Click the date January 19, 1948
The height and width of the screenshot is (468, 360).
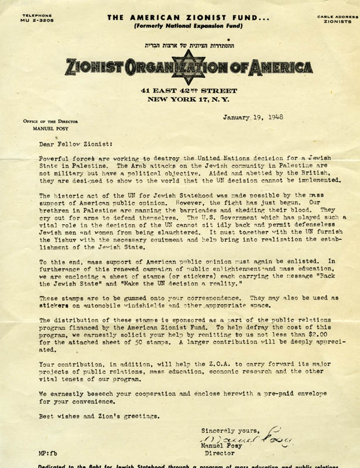click(252, 117)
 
